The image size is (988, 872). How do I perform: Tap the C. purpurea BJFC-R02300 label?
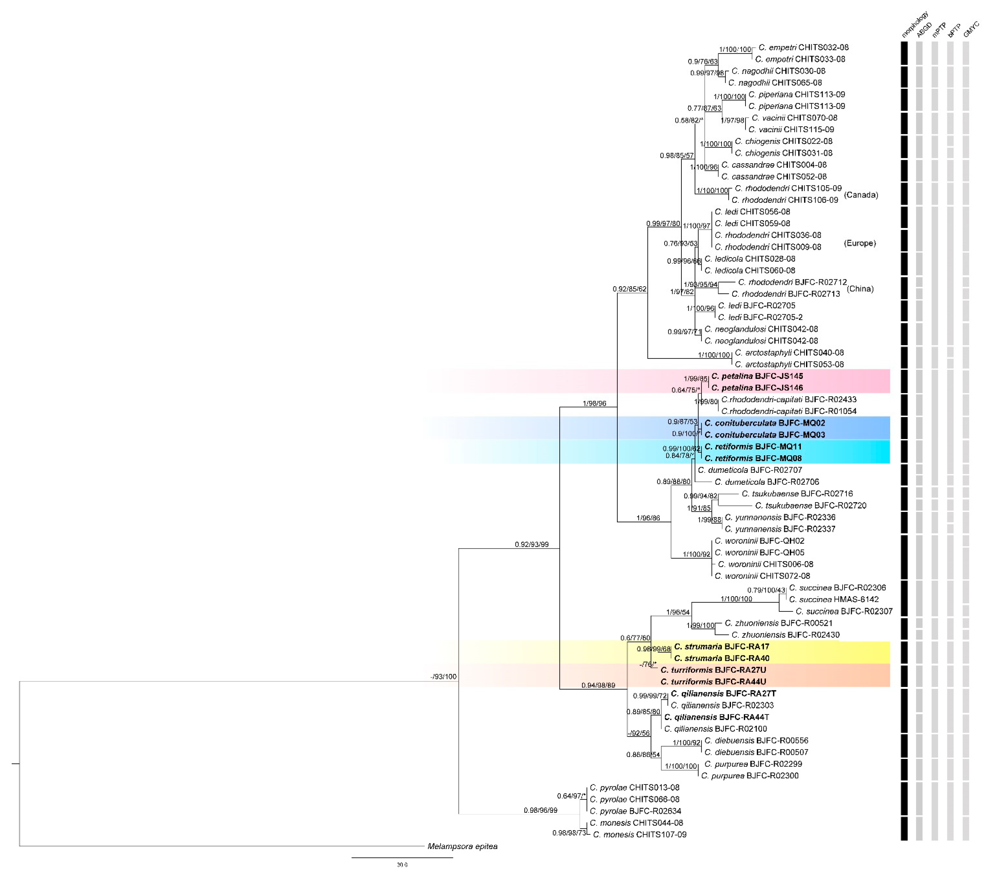pyautogui.click(x=750, y=776)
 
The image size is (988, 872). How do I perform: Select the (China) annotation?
pyautogui.click(x=860, y=289)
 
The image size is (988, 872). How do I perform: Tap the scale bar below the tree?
pyautogui.click(x=402, y=858)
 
